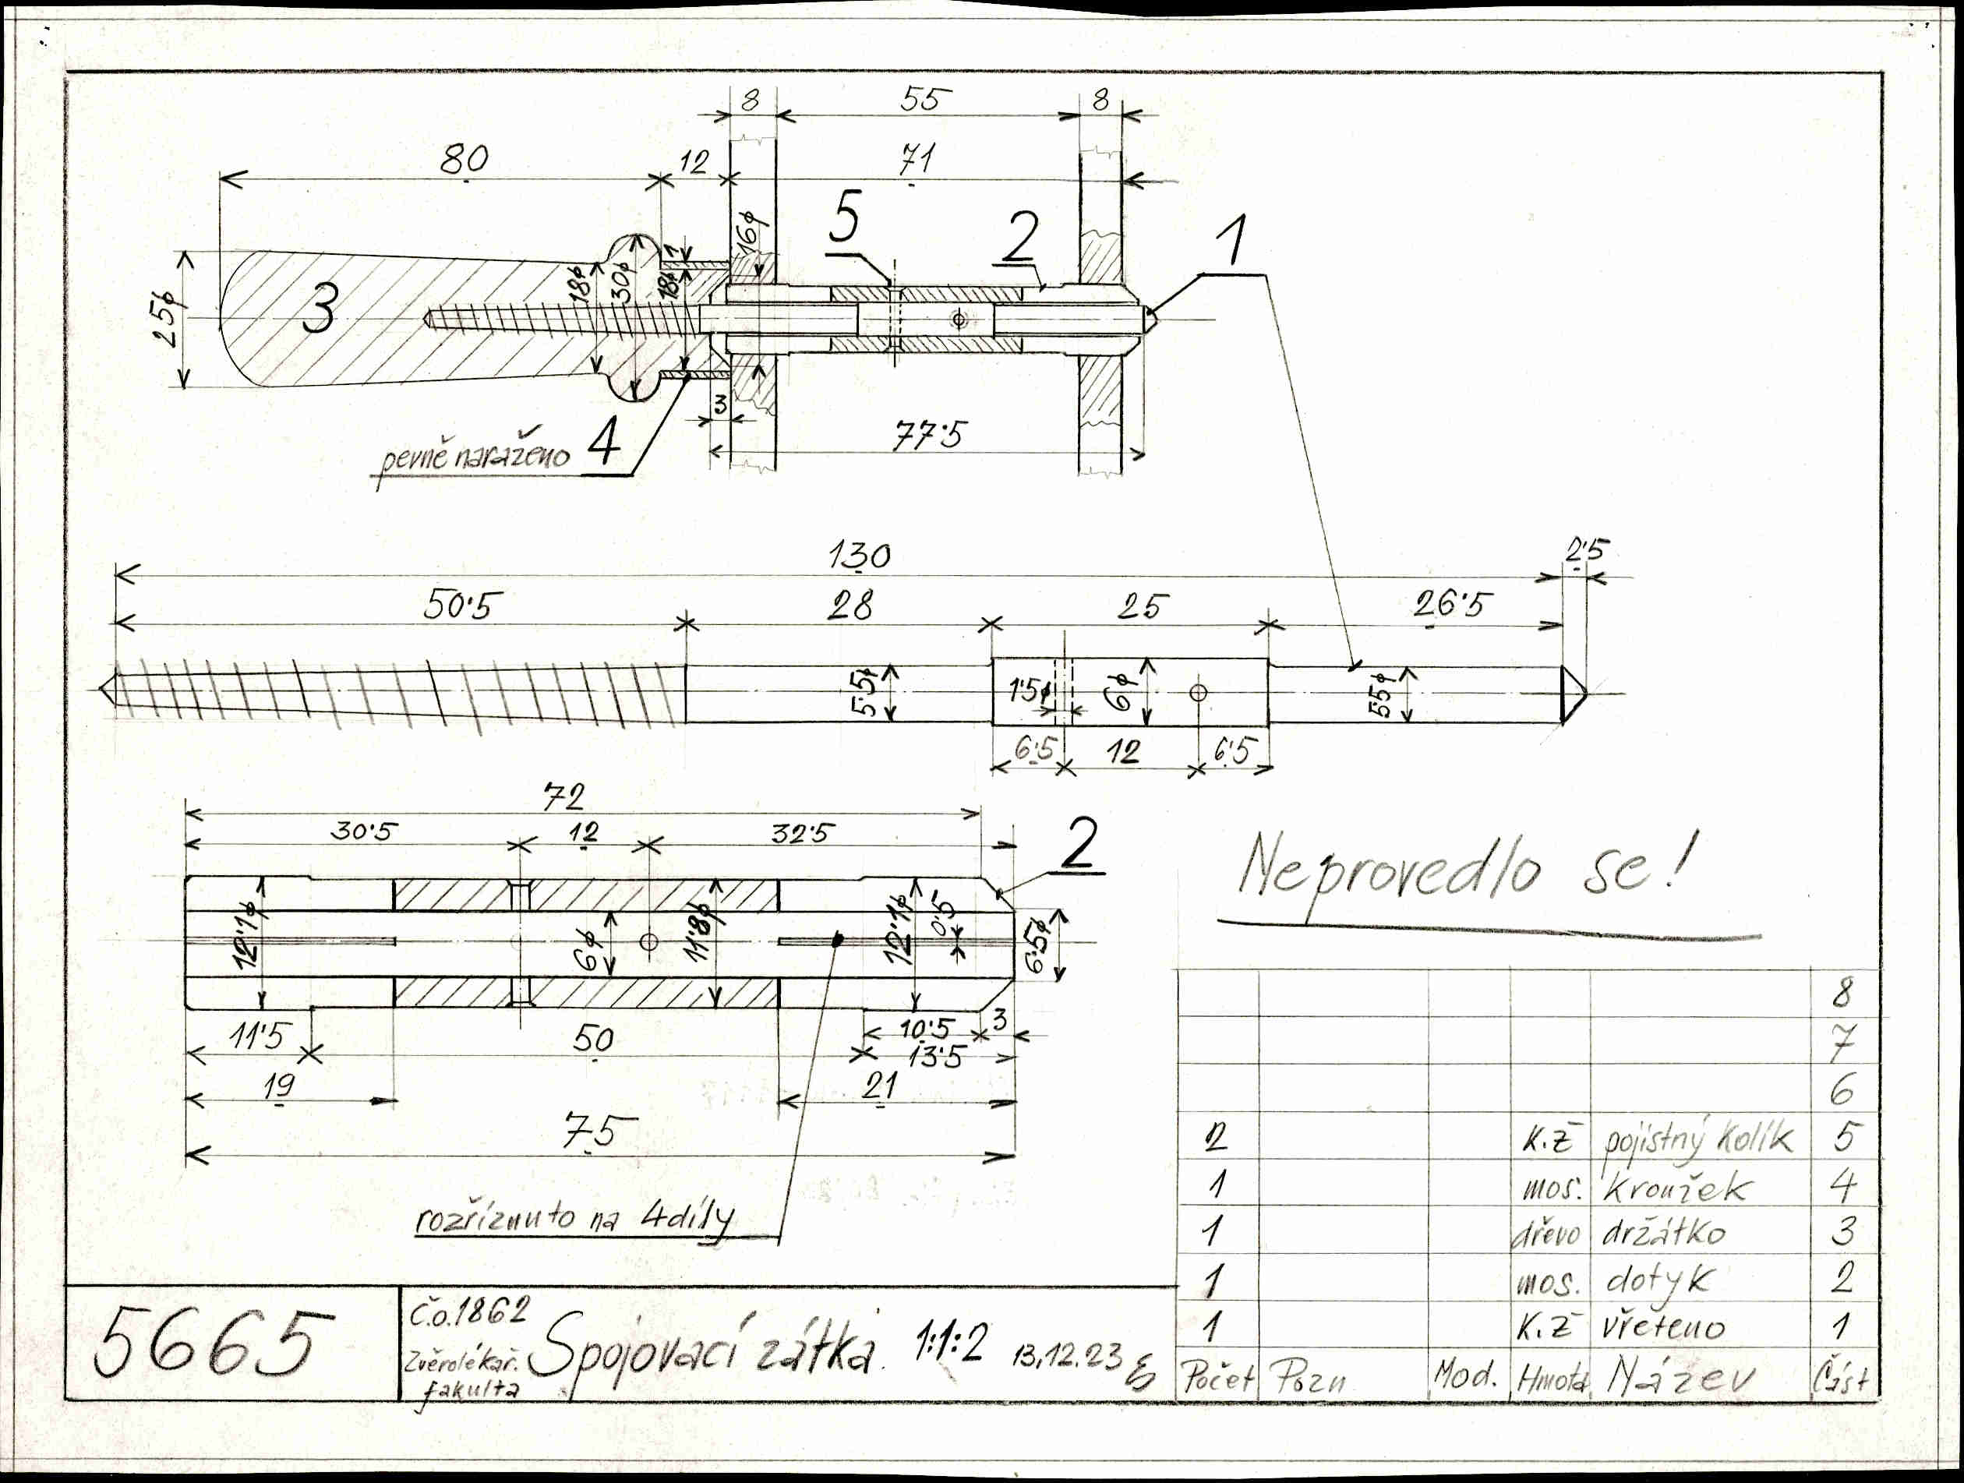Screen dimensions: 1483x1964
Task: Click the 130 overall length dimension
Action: (x=859, y=556)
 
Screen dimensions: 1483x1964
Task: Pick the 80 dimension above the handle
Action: (x=464, y=159)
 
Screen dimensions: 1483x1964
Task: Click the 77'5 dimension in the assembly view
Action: (x=929, y=435)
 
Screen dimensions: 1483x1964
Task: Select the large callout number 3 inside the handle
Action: (x=319, y=310)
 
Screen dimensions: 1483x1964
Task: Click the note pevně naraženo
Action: (x=475, y=457)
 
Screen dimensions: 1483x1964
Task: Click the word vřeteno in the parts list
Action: (x=1663, y=1328)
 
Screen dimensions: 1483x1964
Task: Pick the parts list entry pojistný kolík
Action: (x=1696, y=1139)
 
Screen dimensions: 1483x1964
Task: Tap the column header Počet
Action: (x=1217, y=1379)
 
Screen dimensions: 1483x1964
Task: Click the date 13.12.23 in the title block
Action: (x=1065, y=1356)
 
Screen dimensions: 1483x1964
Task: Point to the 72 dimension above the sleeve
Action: (x=565, y=796)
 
